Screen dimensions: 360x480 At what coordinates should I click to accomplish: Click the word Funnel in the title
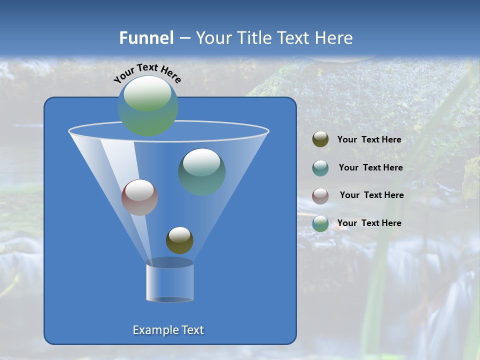pyautogui.click(x=146, y=38)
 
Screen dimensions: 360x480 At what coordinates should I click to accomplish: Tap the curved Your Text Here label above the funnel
pyautogui.click(x=147, y=72)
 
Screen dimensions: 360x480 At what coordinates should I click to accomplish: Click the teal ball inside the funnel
pyautogui.click(x=202, y=172)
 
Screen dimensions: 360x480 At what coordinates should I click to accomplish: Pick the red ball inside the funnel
pyautogui.click(x=140, y=197)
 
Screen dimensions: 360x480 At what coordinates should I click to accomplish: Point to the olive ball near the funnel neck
pyautogui.click(x=179, y=240)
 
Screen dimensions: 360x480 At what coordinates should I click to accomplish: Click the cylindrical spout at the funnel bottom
pyautogui.click(x=169, y=282)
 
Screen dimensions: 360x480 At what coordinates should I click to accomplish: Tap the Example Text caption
pyautogui.click(x=168, y=330)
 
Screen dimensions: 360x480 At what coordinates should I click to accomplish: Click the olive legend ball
pyautogui.click(x=320, y=139)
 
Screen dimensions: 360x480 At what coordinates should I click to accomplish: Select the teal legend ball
pyautogui.click(x=320, y=167)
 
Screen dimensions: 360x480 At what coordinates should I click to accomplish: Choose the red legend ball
pyautogui.click(x=320, y=195)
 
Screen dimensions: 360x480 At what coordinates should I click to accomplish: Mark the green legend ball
pyautogui.click(x=320, y=223)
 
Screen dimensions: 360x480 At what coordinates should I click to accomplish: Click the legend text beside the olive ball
pyautogui.click(x=369, y=140)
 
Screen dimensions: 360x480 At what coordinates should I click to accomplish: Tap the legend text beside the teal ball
pyautogui.click(x=370, y=167)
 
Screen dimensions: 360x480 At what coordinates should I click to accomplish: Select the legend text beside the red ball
pyautogui.click(x=371, y=195)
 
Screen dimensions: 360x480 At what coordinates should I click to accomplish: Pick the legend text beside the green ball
pyautogui.click(x=369, y=223)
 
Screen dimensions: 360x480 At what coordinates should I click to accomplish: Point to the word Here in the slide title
pyautogui.click(x=334, y=38)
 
